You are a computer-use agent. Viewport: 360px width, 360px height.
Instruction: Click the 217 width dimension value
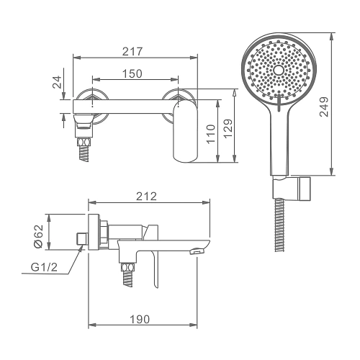132,51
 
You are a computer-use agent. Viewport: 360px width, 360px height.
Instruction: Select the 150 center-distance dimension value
132,73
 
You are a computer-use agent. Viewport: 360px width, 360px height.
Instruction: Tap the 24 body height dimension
58,82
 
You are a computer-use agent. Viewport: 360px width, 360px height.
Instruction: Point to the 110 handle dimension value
211,134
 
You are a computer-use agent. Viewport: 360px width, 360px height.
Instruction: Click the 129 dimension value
228,128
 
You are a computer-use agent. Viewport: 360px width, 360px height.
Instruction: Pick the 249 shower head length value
324,107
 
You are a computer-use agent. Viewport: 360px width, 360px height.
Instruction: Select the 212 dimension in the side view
146,197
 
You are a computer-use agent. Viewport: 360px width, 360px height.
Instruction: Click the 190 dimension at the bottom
140,319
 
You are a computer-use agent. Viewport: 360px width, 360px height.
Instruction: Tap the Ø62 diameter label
38,236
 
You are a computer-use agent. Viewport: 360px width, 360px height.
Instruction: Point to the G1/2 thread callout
45,267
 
